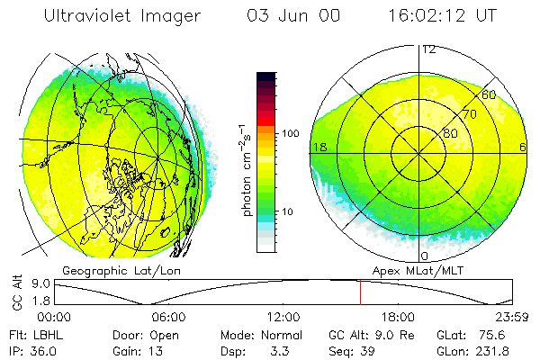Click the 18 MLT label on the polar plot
tap(318, 147)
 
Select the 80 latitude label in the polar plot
tap(450, 133)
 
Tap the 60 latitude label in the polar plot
tap(489, 94)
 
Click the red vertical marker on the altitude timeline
tap(360, 292)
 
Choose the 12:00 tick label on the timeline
tap(283, 317)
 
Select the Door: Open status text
tap(136, 333)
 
